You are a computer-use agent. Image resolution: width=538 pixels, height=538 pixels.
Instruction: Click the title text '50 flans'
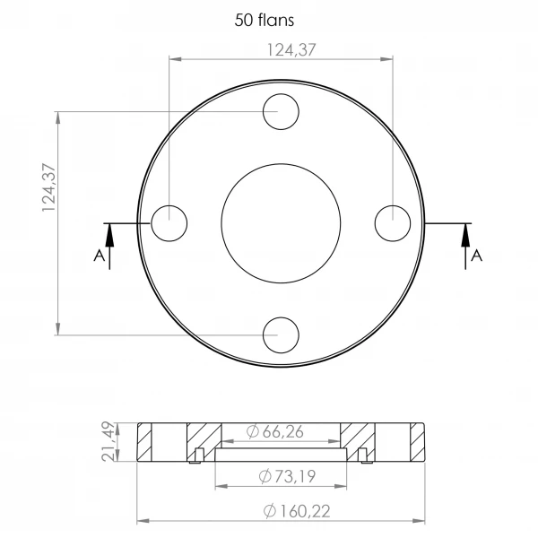click(x=265, y=20)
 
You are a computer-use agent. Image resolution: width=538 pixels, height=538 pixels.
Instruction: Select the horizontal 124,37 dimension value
click(x=291, y=50)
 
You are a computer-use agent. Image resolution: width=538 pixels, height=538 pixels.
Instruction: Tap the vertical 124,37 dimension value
click(x=48, y=187)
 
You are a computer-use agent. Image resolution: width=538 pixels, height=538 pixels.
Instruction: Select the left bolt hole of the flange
click(x=152, y=223)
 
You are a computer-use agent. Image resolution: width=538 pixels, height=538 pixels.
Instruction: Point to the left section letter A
click(x=99, y=256)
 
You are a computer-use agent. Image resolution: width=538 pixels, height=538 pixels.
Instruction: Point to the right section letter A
click(x=477, y=256)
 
